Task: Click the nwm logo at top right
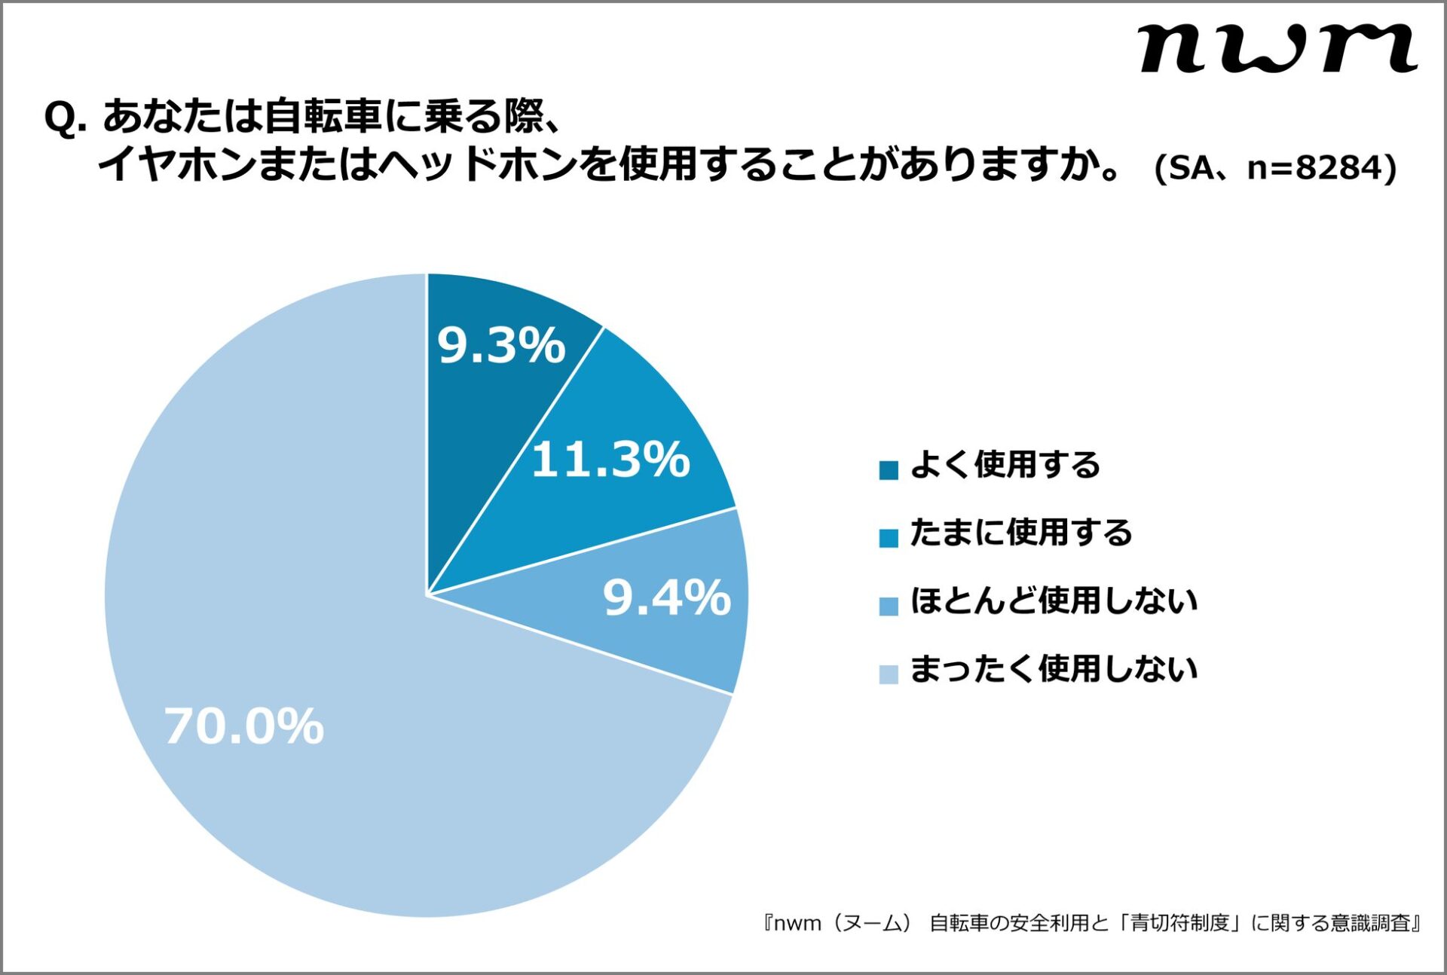[x=1278, y=48]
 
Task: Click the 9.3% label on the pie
[x=501, y=346]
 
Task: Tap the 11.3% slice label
[x=610, y=459]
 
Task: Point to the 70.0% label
[x=244, y=726]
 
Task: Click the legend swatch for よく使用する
[x=889, y=470]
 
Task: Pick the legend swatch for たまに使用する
[x=889, y=538]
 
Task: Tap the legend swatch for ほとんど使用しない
[x=889, y=606]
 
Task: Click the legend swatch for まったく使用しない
[x=889, y=674]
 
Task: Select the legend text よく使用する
[x=1005, y=464]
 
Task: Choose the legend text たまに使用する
[x=1021, y=532]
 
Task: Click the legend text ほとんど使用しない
[x=1054, y=601]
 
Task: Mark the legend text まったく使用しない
[x=1054, y=668]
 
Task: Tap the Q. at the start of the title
[x=65, y=118]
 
